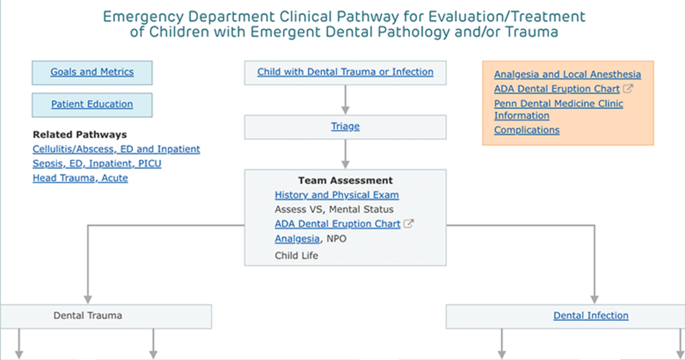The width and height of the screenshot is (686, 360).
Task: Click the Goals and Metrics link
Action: (x=92, y=72)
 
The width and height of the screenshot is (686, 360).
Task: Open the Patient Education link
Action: (x=92, y=104)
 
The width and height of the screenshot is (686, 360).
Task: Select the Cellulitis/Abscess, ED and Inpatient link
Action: (x=116, y=149)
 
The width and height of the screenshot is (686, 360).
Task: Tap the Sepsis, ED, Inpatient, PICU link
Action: (x=97, y=164)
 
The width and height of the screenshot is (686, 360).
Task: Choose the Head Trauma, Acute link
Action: (x=80, y=178)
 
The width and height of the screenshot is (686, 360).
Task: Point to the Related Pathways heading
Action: (x=79, y=135)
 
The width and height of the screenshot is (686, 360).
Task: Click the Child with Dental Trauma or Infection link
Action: (x=345, y=72)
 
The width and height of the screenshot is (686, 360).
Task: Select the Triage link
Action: (x=345, y=126)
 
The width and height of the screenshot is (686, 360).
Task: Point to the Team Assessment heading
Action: (x=345, y=181)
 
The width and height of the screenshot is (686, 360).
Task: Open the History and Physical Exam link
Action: (x=337, y=195)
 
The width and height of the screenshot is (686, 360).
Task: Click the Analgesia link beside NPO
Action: (x=297, y=239)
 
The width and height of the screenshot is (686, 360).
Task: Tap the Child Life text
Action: (x=297, y=255)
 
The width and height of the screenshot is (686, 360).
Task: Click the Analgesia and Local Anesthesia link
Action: (x=568, y=74)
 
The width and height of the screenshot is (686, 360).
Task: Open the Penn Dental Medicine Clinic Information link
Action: (x=559, y=110)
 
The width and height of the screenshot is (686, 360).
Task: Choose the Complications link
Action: (x=527, y=130)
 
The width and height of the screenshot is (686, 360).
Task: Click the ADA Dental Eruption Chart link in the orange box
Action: (x=557, y=89)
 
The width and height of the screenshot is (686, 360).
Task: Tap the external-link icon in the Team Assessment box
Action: (x=409, y=224)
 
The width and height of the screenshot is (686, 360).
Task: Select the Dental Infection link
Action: (x=591, y=315)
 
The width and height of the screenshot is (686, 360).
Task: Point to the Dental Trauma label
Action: (x=88, y=315)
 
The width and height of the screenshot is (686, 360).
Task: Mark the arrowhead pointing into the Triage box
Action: (x=345, y=110)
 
